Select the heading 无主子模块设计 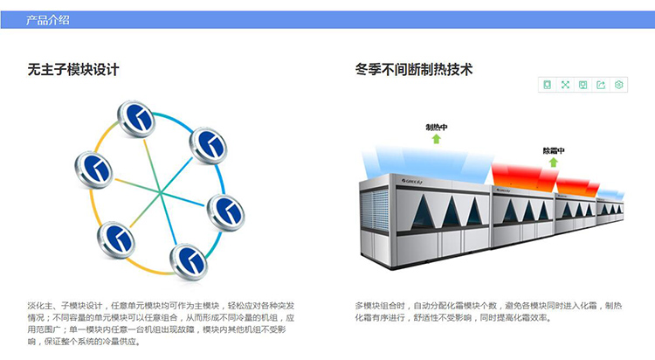click(x=72, y=68)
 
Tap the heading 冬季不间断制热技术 click(x=414, y=68)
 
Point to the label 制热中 click(x=437, y=127)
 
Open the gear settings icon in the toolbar click(x=618, y=85)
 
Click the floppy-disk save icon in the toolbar click(x=583, y=85)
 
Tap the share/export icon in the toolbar click(x=601, y=85)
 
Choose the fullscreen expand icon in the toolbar click(x=565, y=85)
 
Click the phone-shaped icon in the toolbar click(x=548, y=85)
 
